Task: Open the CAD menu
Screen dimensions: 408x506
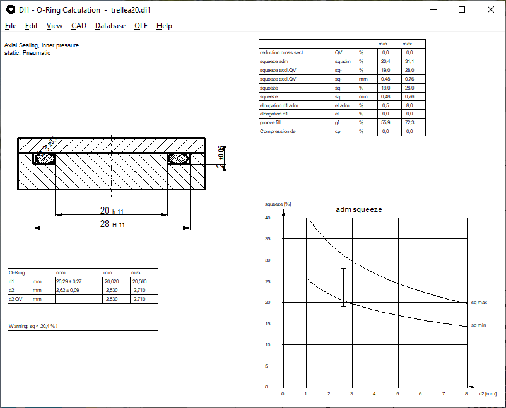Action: pos(79,26)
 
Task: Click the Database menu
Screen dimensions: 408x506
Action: pos(110,26)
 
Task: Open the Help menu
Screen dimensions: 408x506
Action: pos(164,26)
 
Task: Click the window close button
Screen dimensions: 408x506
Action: pos(491,9)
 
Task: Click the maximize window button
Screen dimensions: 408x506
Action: pos(462,9)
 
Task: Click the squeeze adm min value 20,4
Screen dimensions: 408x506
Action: pos(385,62)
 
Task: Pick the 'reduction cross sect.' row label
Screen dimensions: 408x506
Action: pos(282,53)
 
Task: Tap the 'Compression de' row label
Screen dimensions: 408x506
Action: pos(278,131)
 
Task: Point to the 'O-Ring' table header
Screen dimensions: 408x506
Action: pos(16,272)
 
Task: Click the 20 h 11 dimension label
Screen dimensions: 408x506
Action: pos(112,211)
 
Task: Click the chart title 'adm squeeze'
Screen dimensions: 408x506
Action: pos(359,209)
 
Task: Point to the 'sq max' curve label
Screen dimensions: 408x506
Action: pos(480,303)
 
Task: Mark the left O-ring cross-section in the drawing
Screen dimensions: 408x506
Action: pos(44,159)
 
